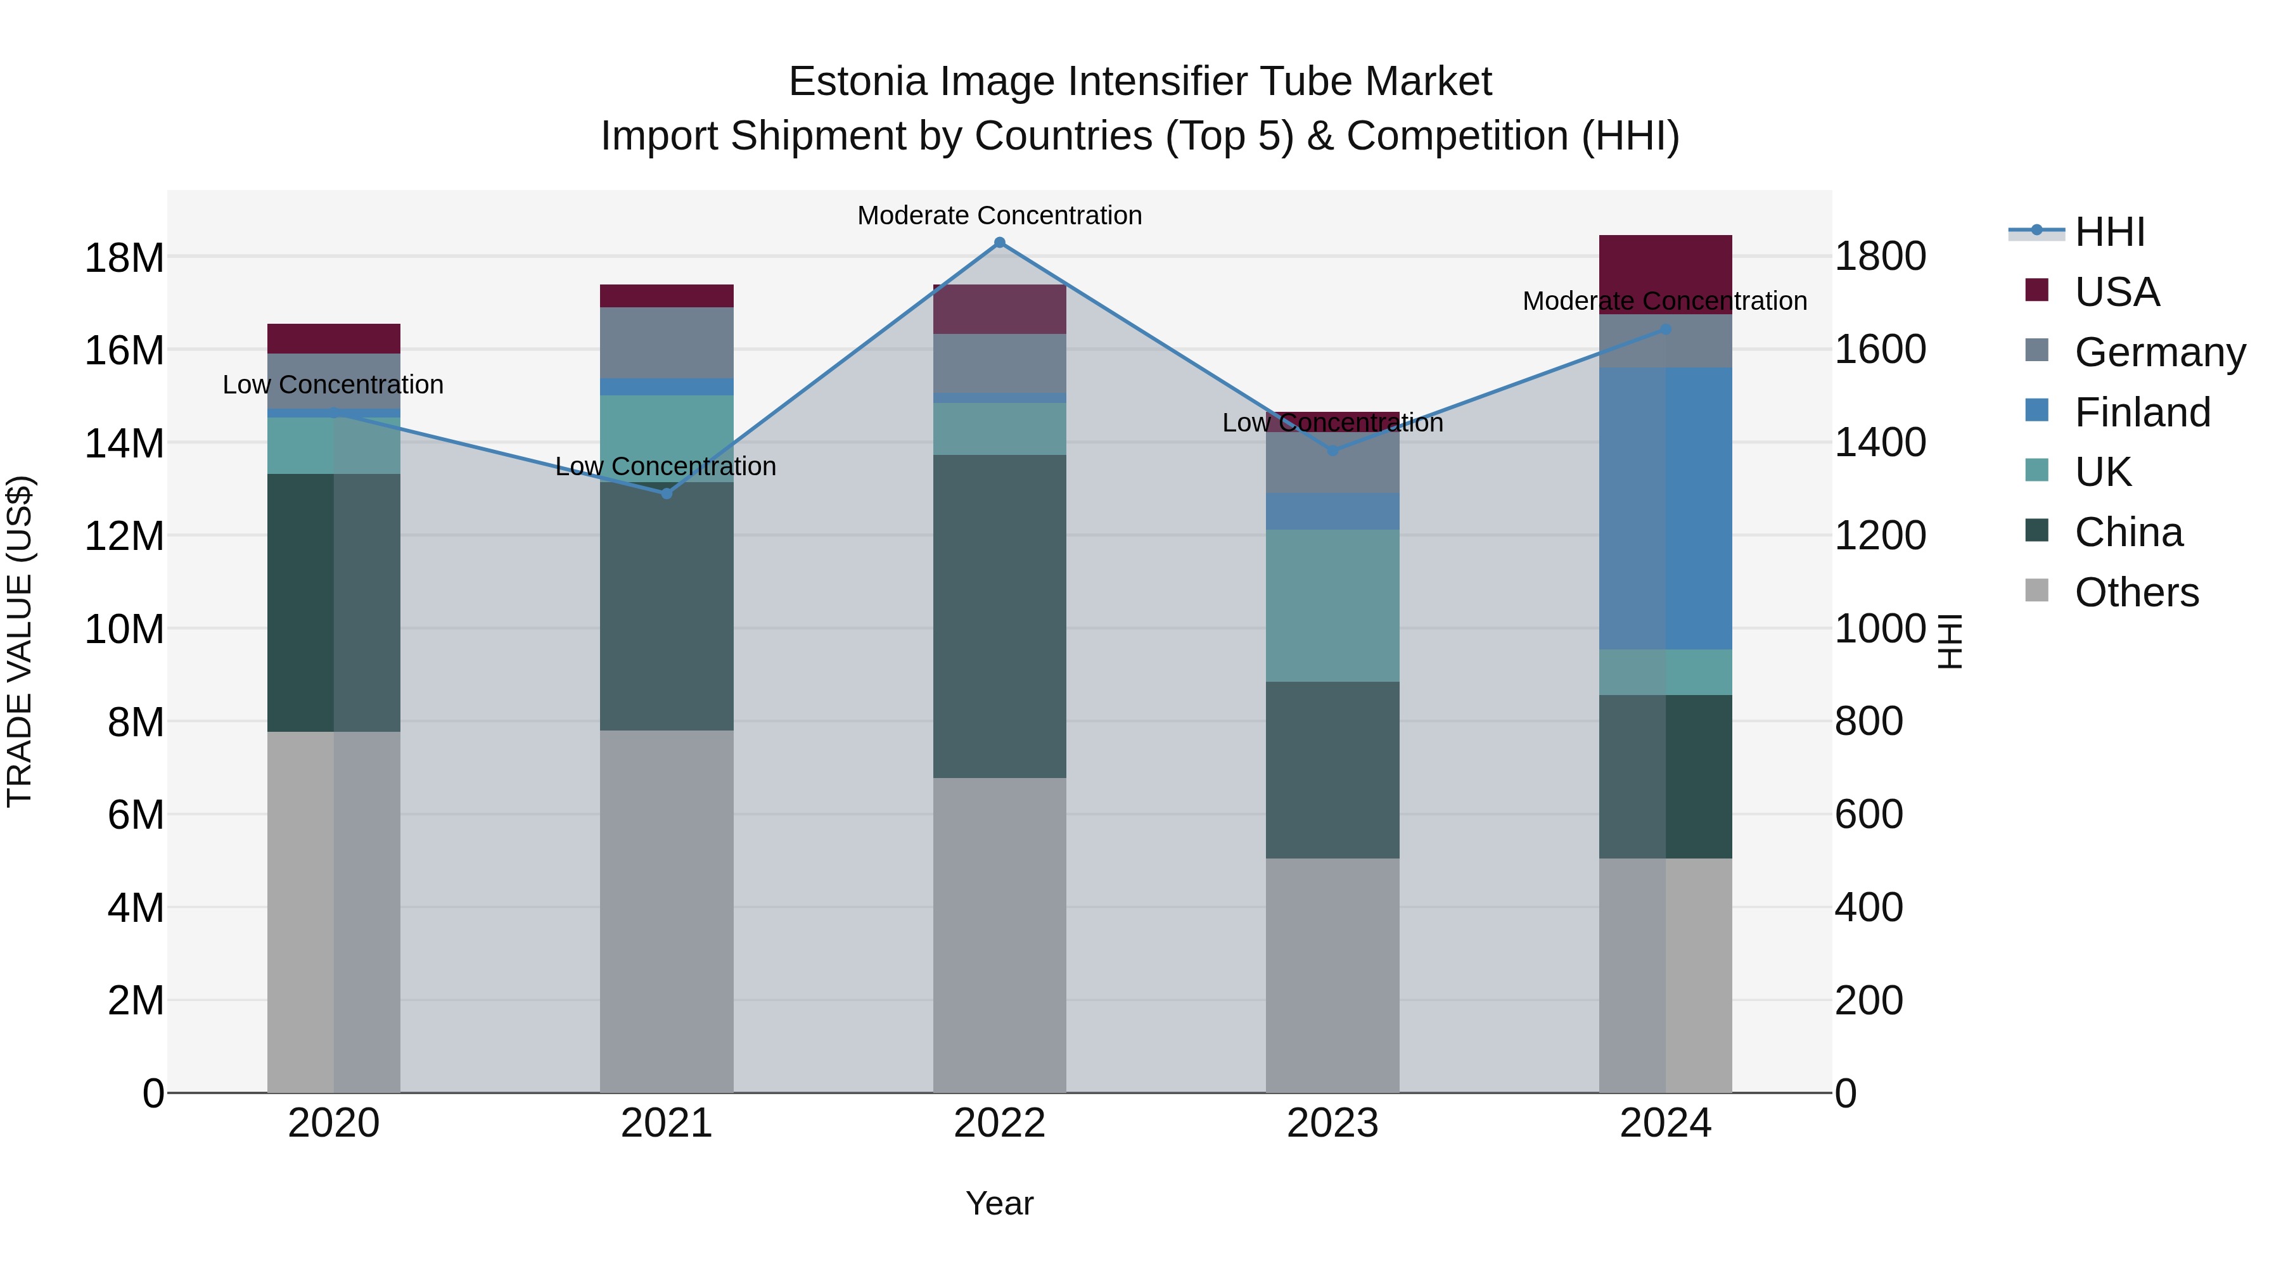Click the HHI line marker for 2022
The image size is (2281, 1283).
[1000, 243]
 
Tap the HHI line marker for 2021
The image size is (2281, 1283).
[667, 493]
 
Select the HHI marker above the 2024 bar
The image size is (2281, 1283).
[1664, 329]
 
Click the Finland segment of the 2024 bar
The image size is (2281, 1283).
[1664, 509]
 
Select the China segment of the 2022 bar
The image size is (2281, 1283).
[1000, 616]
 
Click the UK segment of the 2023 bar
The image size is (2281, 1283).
[1332, 606]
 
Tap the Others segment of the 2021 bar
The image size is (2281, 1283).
[667, 912]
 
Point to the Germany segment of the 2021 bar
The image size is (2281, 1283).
[667, 343]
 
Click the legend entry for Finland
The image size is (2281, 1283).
[2142, 412]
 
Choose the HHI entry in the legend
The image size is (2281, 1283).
[2109, 232]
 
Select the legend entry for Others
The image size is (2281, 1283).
[2136, 592]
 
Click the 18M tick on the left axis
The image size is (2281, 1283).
[124, 259]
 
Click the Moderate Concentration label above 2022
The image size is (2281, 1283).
[1000, 215]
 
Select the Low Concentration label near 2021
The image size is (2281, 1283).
[666, 466]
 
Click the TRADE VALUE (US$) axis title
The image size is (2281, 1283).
[20, 641]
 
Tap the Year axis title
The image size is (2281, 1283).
[1000, 1203]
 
